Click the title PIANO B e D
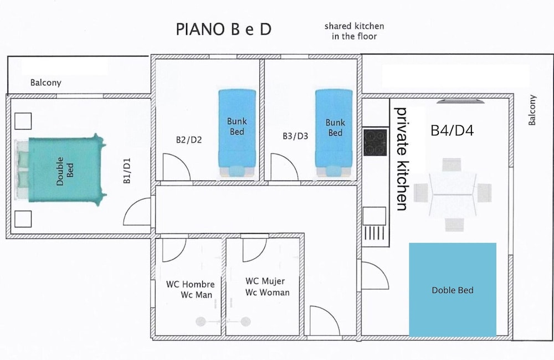pyautogui.click(x=224, y=29)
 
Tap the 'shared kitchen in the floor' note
pyautogui.click(x=354, y=31)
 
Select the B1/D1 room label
pyautogui.click(x=127, y=171)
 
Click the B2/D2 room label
pyautogui.click(x=189, y=140)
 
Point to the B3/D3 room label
pyautogui.click(x=295, y=136)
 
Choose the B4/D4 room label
pyautogui.click(x=452, y=131)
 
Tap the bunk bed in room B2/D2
pyautogui.click(x=237, y=133)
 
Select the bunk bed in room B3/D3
pyautogui.click(x=334, y=133)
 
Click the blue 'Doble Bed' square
pyautogui.click(x=453, y=290)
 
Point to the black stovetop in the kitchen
pyautogui.click(x=375, y=142)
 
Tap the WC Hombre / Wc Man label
pyautogui.click(x=191, y=289)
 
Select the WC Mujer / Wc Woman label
pyautogui.click(x=268, y=287)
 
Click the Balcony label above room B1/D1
pyautogui.click(x=46, y=83)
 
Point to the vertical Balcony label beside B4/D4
pyautogui.click(x=532, y=110)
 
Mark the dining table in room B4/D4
pyautogui.click(x=453, y=194)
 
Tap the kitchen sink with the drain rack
pyautogui.click(x=375, y=225)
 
